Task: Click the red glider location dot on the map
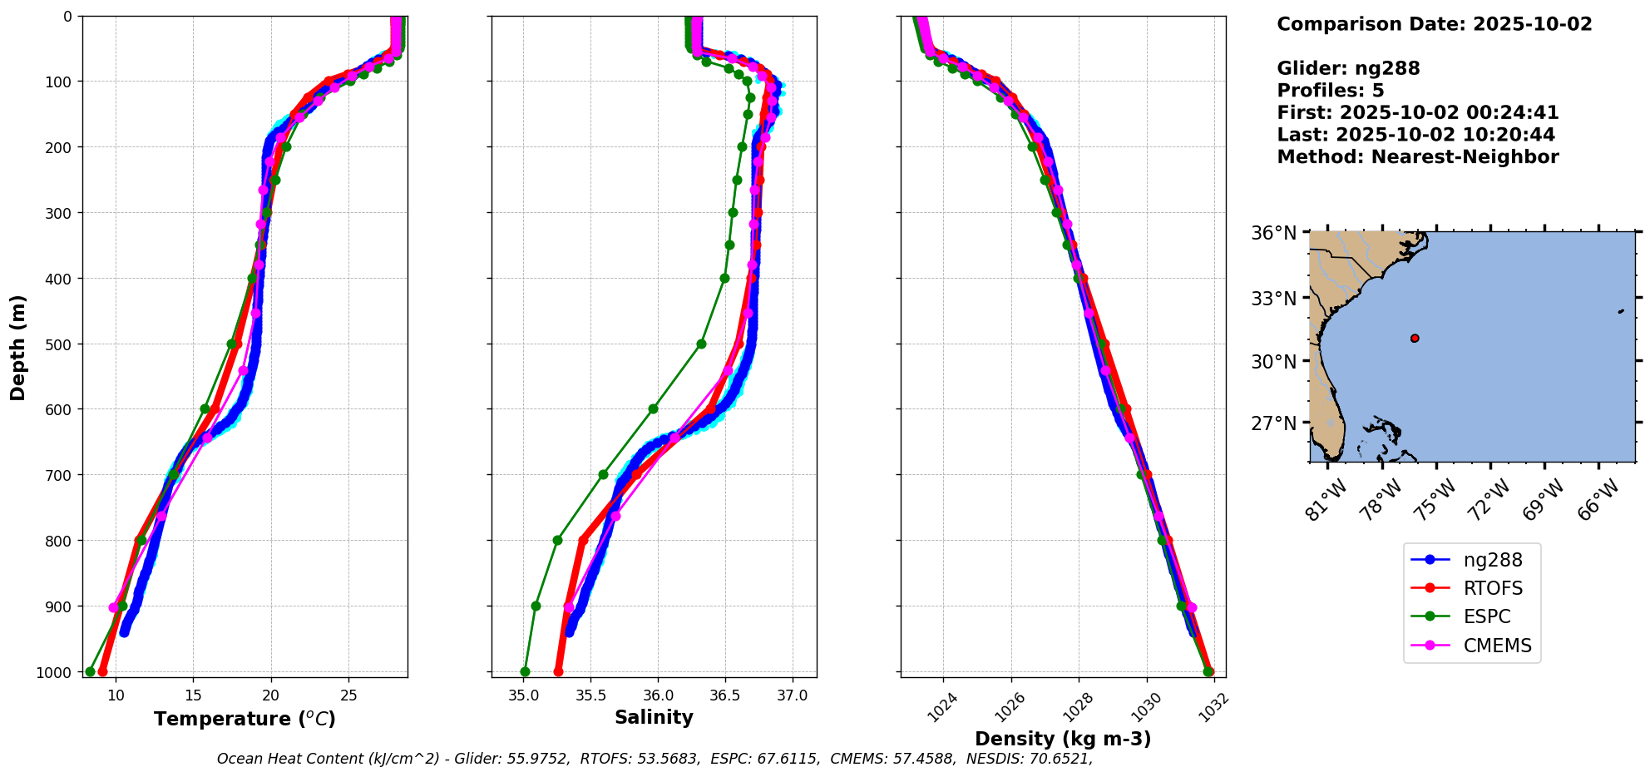click(1415, 338)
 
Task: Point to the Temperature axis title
click(245, 719)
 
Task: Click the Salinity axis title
click(654, 717)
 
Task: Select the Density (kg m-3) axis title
click(1063, 739)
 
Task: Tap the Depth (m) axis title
click(17, 347)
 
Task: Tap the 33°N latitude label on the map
click(1273, 298)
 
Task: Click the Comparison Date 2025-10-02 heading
click(1434, 24)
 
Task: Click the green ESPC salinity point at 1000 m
click(525, 671)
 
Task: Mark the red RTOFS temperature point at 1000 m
click(103, 671)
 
